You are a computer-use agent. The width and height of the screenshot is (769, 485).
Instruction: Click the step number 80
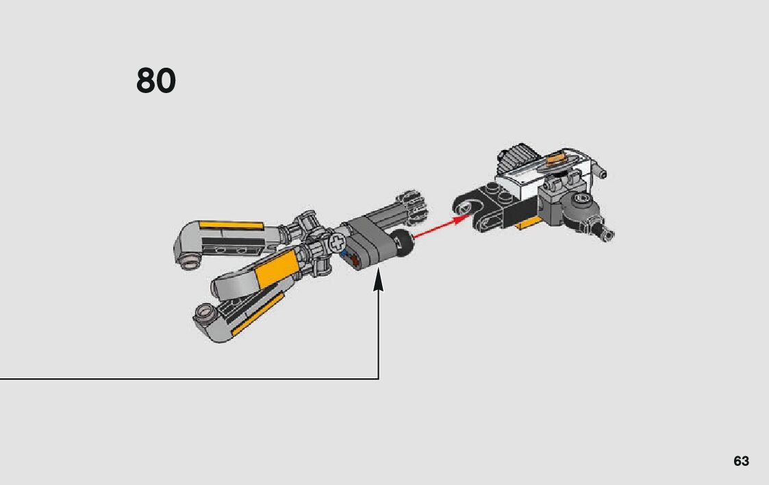pos(156,81)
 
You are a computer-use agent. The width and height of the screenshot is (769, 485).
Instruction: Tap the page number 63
pos(741,461)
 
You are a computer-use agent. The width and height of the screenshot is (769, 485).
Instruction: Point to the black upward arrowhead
pos(378,282)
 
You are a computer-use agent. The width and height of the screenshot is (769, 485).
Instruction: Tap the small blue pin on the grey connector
pos(344,252)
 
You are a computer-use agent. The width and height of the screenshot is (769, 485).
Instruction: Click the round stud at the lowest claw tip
pos(203,314)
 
